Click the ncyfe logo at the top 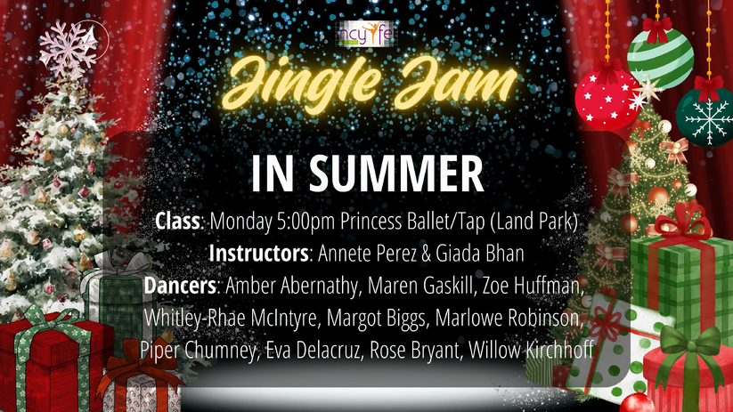[x=367, y=34]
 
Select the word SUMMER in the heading [x=396, y=174]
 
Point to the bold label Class [x=177, y=221]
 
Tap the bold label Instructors [x=258, y=254]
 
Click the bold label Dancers [x=180, y=286]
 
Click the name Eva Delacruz [x=314, y=351]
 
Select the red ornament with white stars [x=607, y=101]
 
